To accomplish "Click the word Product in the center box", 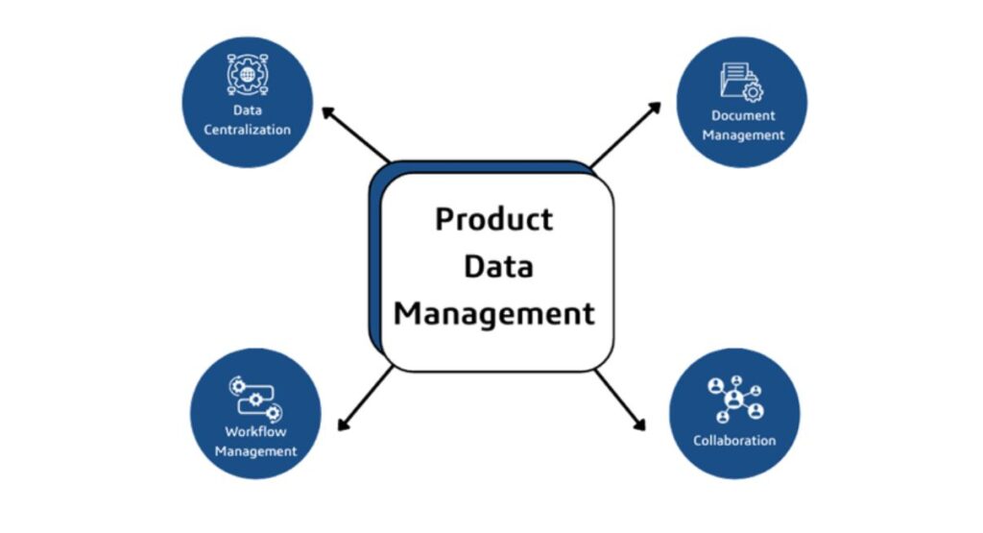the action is tap(494, 220).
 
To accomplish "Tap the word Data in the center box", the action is tap(499, 267).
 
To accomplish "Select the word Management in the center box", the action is tap(494, 313).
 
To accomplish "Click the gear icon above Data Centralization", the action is tap(248, 75).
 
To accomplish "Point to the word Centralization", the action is tap(247, 130).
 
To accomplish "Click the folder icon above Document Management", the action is tap(742, 83).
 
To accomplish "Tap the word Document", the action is tap(743, 115).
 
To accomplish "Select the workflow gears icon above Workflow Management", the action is tap(255, 399).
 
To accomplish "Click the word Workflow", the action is tap(255, 431).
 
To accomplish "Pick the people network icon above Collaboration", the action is tap(735, 400).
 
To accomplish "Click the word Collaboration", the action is tap(734, 441).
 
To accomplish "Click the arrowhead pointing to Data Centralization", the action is tap(327, 113).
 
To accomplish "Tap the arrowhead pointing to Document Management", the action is tap(655, 108).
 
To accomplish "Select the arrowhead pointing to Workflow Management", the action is tap(343, 424).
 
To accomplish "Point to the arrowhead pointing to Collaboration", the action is tap(639, 424).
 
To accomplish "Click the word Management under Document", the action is tap(743, 135).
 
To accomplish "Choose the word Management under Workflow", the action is tap(255, 451).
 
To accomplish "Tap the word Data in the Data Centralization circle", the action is tap(248, 110).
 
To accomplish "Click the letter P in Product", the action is tap(444, 220).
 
